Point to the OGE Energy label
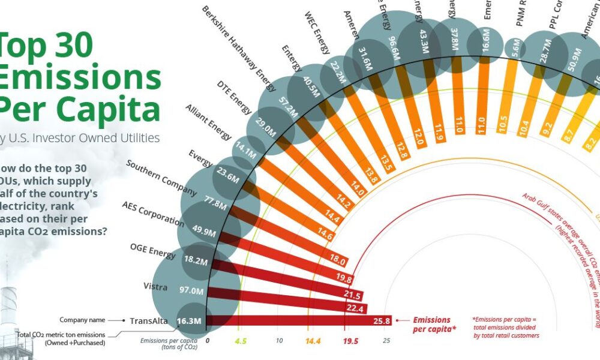coord(153,251)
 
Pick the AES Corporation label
coord(153,213)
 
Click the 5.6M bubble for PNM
coord(514,51)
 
